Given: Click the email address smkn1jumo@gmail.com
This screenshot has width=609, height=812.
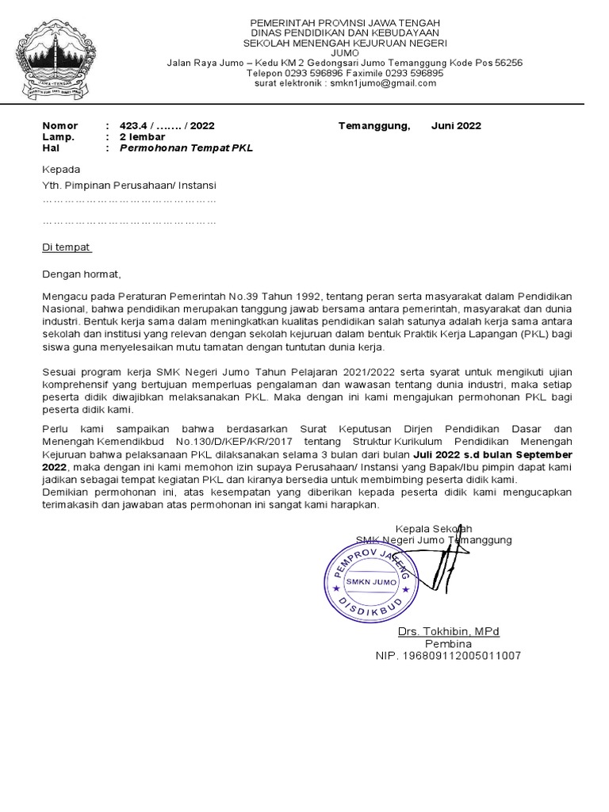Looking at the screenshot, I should pos(383,83).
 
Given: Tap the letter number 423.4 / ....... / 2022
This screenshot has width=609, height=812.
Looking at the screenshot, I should pos(167,125).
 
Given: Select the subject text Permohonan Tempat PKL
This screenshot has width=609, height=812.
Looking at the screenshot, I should pos(186,148).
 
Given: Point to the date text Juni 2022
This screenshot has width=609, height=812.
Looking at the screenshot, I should pos(456,125).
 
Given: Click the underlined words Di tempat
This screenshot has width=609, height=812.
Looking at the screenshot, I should pos(67,247).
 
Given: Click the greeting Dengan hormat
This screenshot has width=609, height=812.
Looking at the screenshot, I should pos(82,274).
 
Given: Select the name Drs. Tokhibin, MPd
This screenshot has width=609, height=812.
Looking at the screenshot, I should pos(448,631).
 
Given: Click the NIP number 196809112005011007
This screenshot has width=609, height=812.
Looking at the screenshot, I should pos(448,656).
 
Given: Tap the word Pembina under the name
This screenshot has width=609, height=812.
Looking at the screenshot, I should pos(448,643).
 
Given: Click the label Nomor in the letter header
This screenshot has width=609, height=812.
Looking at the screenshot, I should pos(59,125).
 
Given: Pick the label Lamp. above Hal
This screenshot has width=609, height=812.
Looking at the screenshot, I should pos(58,136).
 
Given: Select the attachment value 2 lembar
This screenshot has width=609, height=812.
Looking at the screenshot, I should pos(142,136).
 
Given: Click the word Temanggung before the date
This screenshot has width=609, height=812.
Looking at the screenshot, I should pos(373,125).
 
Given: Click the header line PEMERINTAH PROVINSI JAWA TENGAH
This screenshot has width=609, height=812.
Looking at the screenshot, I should pos(345,22).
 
